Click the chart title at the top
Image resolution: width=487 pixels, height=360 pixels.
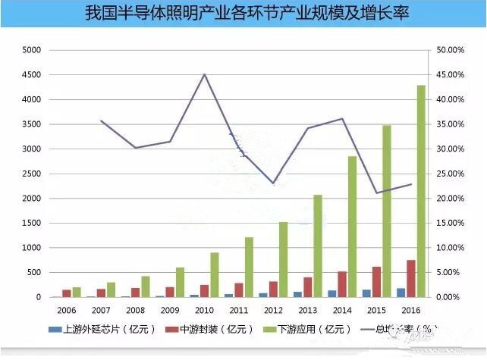click(243, 14)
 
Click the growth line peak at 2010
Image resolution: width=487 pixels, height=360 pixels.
click(204, 74)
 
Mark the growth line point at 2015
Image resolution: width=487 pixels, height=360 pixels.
click(377, 193)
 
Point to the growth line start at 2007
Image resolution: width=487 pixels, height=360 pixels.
click(102, 121)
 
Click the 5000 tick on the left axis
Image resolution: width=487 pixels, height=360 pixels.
click(33, 50)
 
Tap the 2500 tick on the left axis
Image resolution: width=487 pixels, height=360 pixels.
click(33, 174)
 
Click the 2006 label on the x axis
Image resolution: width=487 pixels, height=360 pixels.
click(66, 310)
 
